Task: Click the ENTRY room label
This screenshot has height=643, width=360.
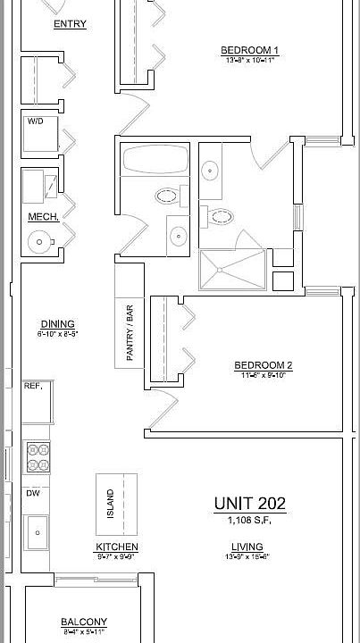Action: tap(70, 24)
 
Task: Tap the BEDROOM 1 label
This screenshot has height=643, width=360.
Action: tap(251, 50)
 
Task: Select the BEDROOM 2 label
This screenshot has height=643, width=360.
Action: tap(264, 364)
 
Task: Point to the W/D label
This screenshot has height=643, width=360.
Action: tap(36, 121)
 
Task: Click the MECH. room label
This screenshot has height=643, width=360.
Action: tap(43, 217)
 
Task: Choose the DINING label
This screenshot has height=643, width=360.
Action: tap(57, 324)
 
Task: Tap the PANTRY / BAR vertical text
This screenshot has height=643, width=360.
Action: tap(130, 333)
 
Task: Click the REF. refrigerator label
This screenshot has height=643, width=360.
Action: tap(34, 386)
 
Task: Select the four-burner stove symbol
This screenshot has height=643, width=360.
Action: tap(38, 456)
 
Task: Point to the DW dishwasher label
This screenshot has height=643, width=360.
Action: tap(32, 493)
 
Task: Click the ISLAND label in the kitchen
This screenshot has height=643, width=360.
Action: tap(111, 504)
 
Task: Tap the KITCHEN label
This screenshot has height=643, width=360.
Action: tap(117, 547)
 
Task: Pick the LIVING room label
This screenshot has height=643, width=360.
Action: tap(247, 547)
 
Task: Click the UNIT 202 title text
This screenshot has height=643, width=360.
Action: tap(249, 504)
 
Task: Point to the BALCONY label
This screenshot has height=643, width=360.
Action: tap(84, 622)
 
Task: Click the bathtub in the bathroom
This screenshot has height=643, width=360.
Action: tap(156, 161)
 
